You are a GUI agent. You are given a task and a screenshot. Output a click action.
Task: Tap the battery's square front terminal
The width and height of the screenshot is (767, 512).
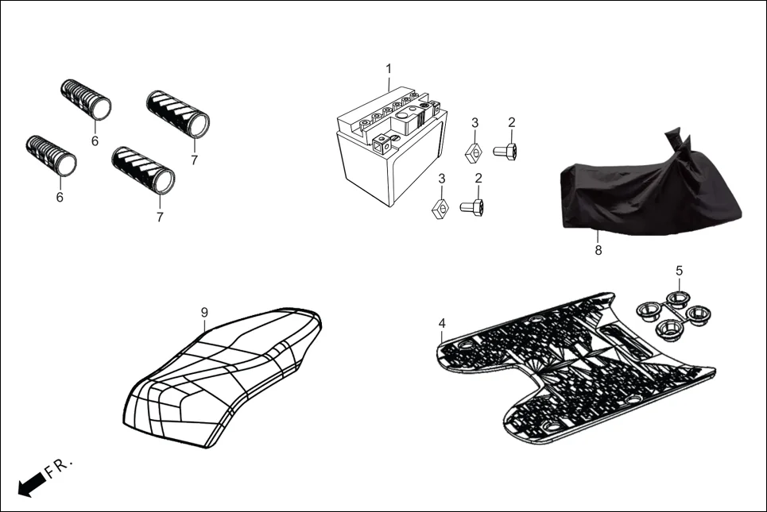coord(385,144)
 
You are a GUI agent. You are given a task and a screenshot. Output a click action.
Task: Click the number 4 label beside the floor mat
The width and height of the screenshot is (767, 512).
coord(442,323)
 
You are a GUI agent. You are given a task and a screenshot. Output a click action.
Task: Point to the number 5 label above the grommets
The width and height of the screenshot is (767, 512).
coord(679,271)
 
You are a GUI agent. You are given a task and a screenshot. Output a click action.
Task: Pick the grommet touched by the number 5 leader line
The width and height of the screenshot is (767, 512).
coord(677,299)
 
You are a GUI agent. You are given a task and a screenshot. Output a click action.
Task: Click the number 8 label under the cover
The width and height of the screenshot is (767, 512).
coord(598,250)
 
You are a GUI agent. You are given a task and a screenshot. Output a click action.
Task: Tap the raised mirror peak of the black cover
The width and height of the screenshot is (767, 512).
coord(675,137)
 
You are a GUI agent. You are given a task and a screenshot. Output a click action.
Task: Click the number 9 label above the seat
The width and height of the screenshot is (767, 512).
coord(204,313)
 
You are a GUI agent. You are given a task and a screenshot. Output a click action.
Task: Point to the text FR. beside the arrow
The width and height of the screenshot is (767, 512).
coord(60,466)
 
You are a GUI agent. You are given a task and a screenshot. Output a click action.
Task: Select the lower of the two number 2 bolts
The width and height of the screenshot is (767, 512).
coord(472,207)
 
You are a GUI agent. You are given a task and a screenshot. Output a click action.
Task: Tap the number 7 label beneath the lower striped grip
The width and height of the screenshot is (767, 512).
coord(160,217)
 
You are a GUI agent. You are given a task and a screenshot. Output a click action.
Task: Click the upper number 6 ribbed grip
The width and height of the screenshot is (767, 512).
coord(86,99)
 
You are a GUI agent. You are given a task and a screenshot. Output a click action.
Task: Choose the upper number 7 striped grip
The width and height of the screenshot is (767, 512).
coord(177,114)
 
